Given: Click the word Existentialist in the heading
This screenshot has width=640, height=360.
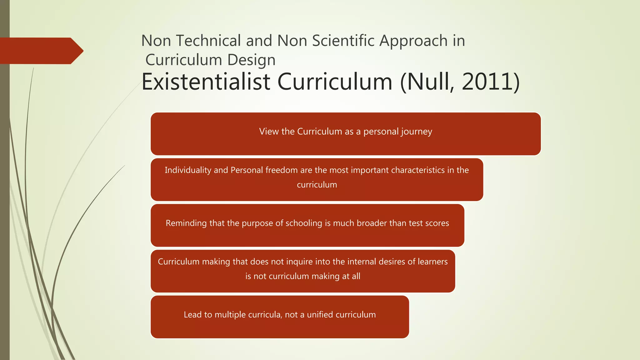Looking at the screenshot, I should tap(206, 82).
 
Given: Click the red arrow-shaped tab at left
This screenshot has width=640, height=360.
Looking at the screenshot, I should tap(41, 51).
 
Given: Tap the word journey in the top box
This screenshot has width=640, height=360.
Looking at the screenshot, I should tap(417, 132).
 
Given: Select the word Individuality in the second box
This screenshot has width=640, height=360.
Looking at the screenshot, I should tap(188, 170).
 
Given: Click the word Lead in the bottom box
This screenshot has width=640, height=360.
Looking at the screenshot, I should tap(193, 315).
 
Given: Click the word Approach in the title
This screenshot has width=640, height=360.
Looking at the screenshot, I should tap(414, 41).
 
